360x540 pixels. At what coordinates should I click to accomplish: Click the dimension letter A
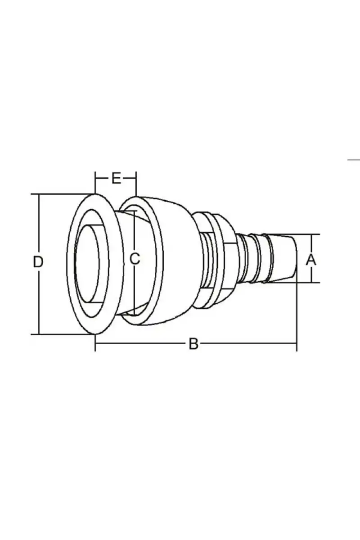point(311,260)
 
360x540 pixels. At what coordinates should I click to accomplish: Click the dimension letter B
point(193,344)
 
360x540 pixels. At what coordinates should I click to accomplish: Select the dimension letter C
point(135,259)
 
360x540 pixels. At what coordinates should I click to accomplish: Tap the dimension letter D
point(38,262)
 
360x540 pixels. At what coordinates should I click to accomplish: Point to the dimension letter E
point(116,179)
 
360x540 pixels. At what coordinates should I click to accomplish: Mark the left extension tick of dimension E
point(95,183)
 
